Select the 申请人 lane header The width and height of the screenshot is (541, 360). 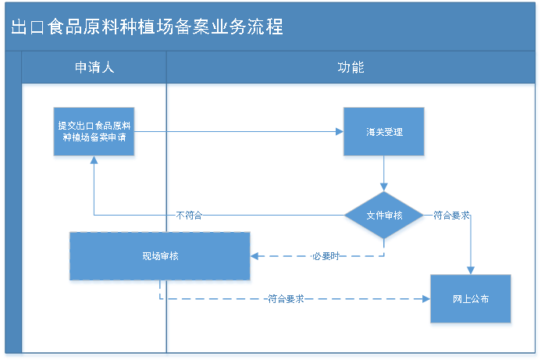[x=94, y=67]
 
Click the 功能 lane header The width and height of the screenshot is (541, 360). [x=351, y=67]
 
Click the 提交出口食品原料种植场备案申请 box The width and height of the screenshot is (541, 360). [x=94, y=132]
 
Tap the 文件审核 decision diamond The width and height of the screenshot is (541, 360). [x=384, y=216]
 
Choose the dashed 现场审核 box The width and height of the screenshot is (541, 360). [x=160, y=257]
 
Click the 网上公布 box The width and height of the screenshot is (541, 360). [x=471, y=300]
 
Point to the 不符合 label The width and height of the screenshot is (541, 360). [x=189, y=216]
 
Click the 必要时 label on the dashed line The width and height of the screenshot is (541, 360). [x=325, y=256]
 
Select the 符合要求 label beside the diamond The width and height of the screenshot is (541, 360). [x=450, y=216]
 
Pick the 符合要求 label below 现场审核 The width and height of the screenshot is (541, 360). [x=286, y=299]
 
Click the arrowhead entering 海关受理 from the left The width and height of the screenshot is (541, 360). [x=339, y=132]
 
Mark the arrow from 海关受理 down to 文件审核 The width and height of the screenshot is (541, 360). [x=384, y=176]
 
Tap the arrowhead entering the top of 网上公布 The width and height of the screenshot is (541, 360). [x=471, y=270]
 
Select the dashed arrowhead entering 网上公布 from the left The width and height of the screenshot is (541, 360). [x=425, y=299]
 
